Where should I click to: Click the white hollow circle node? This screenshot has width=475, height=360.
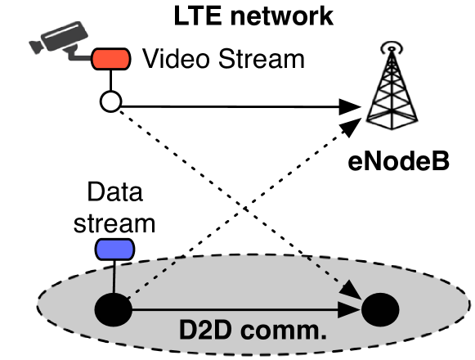[x=111, y=104]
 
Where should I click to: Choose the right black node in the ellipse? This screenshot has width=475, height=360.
[x=380, y=310]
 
